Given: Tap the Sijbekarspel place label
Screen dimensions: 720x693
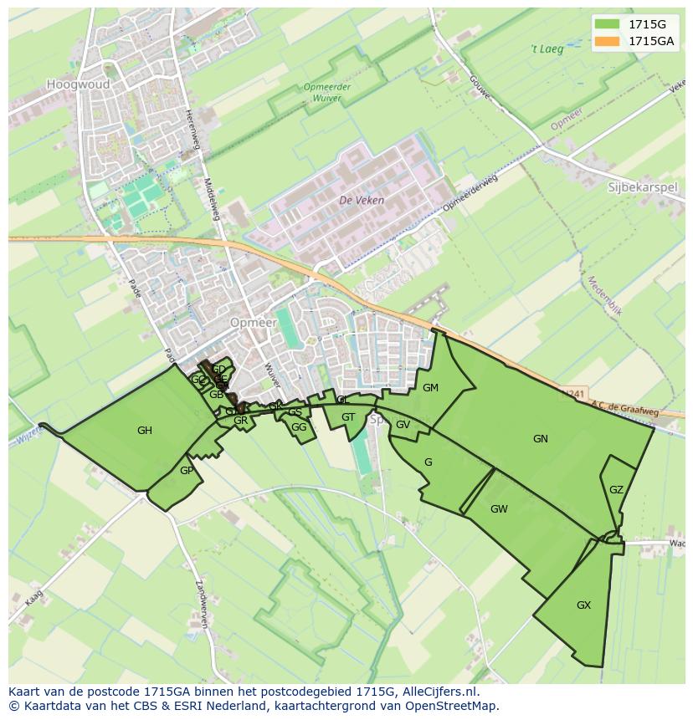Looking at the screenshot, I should point(642,187).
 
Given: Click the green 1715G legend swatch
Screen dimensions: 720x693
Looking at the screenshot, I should point(607,23).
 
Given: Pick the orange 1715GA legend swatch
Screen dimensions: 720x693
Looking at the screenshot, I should point(607,41).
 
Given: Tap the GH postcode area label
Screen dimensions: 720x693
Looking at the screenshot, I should point(145,431).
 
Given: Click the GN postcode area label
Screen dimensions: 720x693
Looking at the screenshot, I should point(541,438).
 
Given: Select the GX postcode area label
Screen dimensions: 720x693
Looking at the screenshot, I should point(583,605).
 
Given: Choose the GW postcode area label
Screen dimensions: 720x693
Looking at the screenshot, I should point(499,508).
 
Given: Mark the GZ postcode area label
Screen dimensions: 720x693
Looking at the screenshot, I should point(616,490).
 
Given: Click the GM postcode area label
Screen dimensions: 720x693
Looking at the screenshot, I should point(430,388).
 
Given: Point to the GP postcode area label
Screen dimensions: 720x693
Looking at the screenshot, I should point(186,471).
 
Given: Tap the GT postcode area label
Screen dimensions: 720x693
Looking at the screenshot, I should point(348,417).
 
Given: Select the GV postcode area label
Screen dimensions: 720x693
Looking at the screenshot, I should point(403,425).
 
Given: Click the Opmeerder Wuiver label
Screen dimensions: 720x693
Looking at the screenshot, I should point(327,92).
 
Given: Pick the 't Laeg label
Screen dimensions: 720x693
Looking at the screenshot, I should point(547,49).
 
